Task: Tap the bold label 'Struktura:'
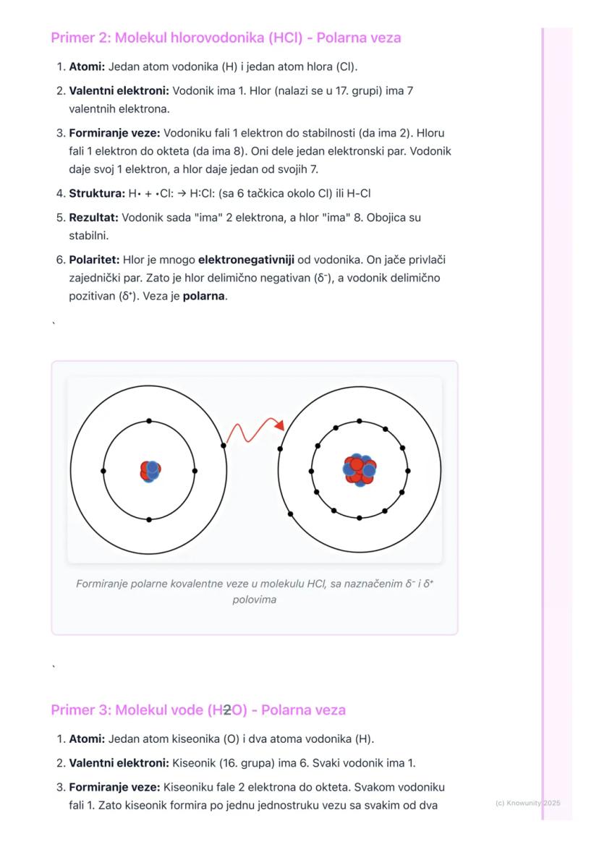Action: click(95, 194)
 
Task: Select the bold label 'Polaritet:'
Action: click(94, 259)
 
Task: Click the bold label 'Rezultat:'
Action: click(94, 217)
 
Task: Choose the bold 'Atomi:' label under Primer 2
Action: click(87, 67)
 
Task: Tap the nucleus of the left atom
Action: click(150, 471)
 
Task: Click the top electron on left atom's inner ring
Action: click(149, 421)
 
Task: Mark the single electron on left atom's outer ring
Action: click(224, 446)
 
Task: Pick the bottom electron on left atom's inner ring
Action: click(149, 519)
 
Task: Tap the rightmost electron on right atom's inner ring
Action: click(408, 471)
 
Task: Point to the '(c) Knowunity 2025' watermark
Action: click(527, 803)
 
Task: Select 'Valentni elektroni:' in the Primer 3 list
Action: click(119, 763)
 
